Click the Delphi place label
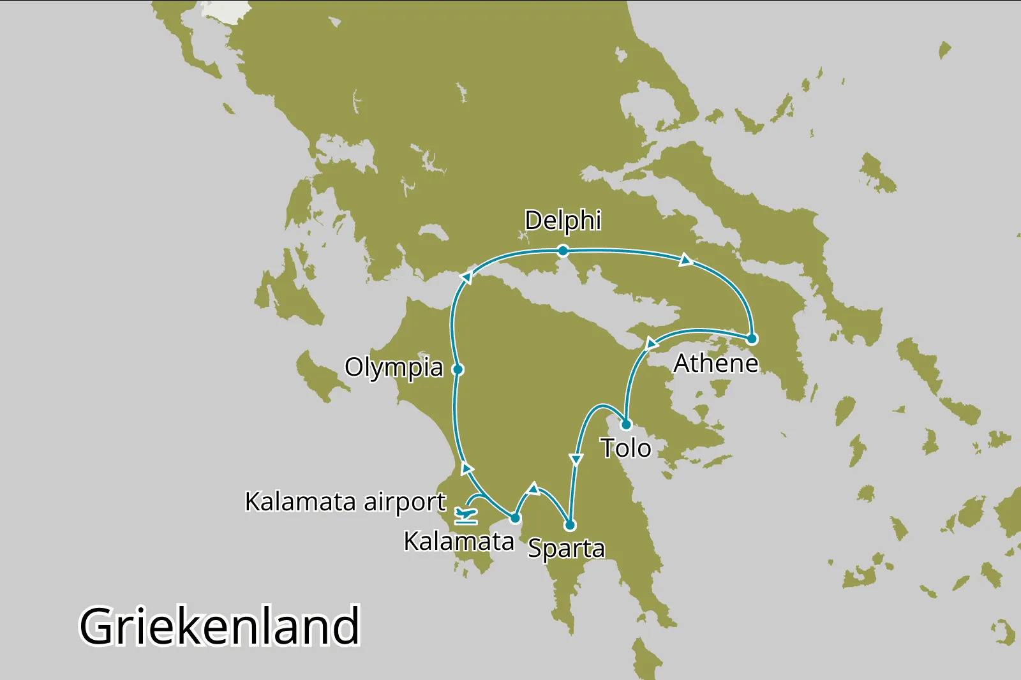[x=563, y=221]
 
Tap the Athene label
[x=716, y=364]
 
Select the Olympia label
[x=394, y=367]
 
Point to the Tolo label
[x=625, y=448]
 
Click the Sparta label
[x=566, y=549]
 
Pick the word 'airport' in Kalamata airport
[x=405, y=502]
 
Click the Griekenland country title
[x=220, y=626]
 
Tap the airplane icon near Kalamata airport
[x=466, y=514]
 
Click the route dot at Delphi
[x=563, y=251]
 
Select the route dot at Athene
[x=752, y=339]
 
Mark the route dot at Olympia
[x=458, y=369]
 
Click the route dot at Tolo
[x=626, y=425]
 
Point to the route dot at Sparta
[x=570, y=525]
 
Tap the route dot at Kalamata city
[x=515, y=517]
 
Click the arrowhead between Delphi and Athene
[x=685, y=260]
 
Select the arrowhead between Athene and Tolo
[x=650, y=344]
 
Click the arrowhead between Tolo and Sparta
[x=576, y=459]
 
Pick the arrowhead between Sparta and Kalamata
[x=533, y=489]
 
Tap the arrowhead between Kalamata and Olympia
[x=467, y=469]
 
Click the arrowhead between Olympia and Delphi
[x=466, y=277]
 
